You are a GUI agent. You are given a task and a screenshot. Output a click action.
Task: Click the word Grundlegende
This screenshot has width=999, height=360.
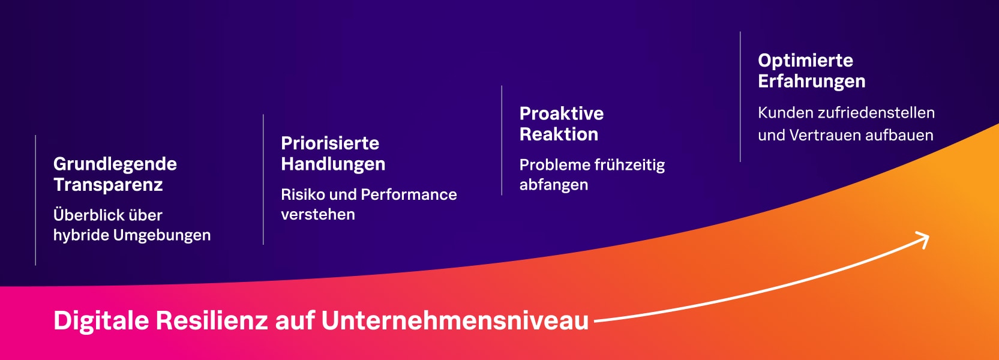coord(115,164)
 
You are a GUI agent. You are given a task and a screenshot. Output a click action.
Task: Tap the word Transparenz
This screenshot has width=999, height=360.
coord(108,185)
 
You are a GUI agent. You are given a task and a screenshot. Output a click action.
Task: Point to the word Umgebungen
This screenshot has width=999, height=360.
coord(162,235)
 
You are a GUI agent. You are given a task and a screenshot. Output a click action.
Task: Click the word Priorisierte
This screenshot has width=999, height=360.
coord(330,143)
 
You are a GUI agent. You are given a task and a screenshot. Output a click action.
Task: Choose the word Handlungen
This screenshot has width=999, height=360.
coord(333,164)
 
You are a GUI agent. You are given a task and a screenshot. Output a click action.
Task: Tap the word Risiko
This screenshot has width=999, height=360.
coord(303,194)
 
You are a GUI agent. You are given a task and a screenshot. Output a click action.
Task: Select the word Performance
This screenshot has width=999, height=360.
coord(409,194)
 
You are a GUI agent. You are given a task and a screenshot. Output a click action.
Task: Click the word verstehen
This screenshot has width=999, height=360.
coord(318,215)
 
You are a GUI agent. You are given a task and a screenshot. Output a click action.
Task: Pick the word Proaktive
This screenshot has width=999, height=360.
coord(562,114)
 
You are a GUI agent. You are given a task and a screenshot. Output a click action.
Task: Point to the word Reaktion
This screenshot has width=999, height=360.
coord(559,134)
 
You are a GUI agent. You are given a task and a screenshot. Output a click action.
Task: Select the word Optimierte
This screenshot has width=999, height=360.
coord(805,61)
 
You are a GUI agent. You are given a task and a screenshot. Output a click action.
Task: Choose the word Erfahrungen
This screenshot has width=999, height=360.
coord(812,82)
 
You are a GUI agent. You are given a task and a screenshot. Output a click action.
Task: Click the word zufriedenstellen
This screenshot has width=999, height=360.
coord(877,113)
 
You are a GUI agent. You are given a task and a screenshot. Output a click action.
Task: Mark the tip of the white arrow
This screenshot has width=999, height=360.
coord(929,236)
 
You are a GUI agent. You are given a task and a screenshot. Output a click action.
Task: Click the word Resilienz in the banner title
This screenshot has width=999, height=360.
coord(212,320)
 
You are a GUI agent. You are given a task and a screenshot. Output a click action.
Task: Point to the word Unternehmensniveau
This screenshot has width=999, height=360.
coord(455,320)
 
